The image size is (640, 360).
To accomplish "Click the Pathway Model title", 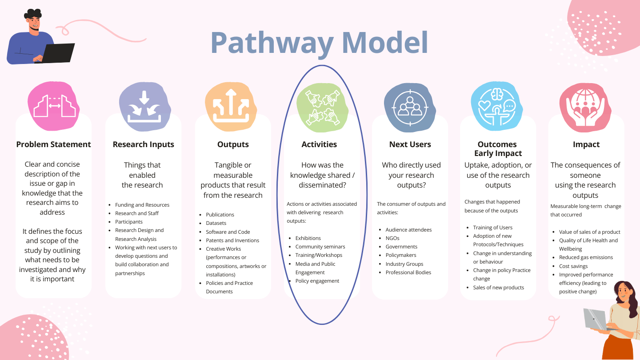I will tap(319, 43).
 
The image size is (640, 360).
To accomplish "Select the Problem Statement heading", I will tap(53, 144).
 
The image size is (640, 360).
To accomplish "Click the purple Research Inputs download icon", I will tap(144, 107).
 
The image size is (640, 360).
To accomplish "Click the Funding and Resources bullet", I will tap(142, 205).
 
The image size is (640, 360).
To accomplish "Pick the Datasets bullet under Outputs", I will tap(216, 223).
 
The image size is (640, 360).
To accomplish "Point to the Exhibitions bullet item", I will tap(308, 238).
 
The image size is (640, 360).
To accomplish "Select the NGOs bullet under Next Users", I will tap(392, 238).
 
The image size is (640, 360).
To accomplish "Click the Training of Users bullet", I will tap(492, 228).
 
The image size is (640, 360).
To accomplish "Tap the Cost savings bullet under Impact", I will tap(573, 266).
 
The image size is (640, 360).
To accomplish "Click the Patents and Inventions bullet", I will tap(232, 240).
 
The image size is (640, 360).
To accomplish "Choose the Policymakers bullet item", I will tap(401, 255).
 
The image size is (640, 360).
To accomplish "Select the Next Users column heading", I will tap(409, 144).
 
